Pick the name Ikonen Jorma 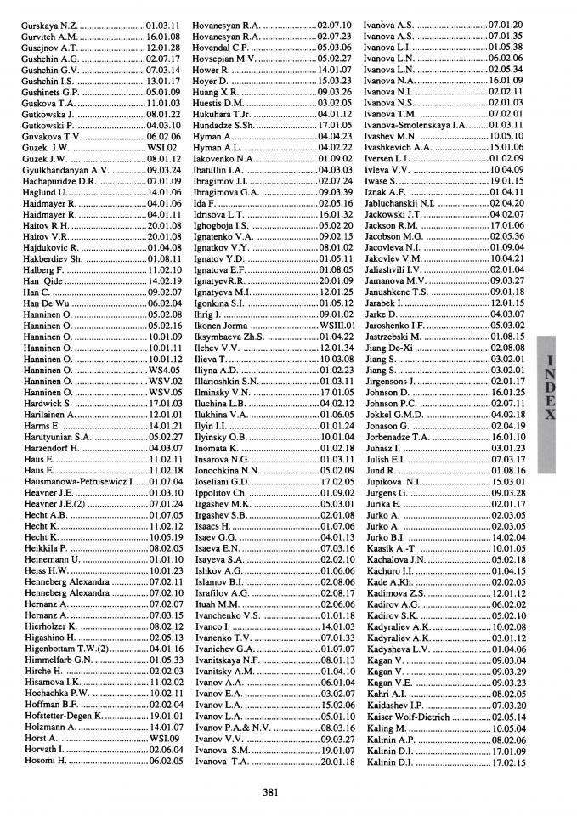[220, 325]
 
